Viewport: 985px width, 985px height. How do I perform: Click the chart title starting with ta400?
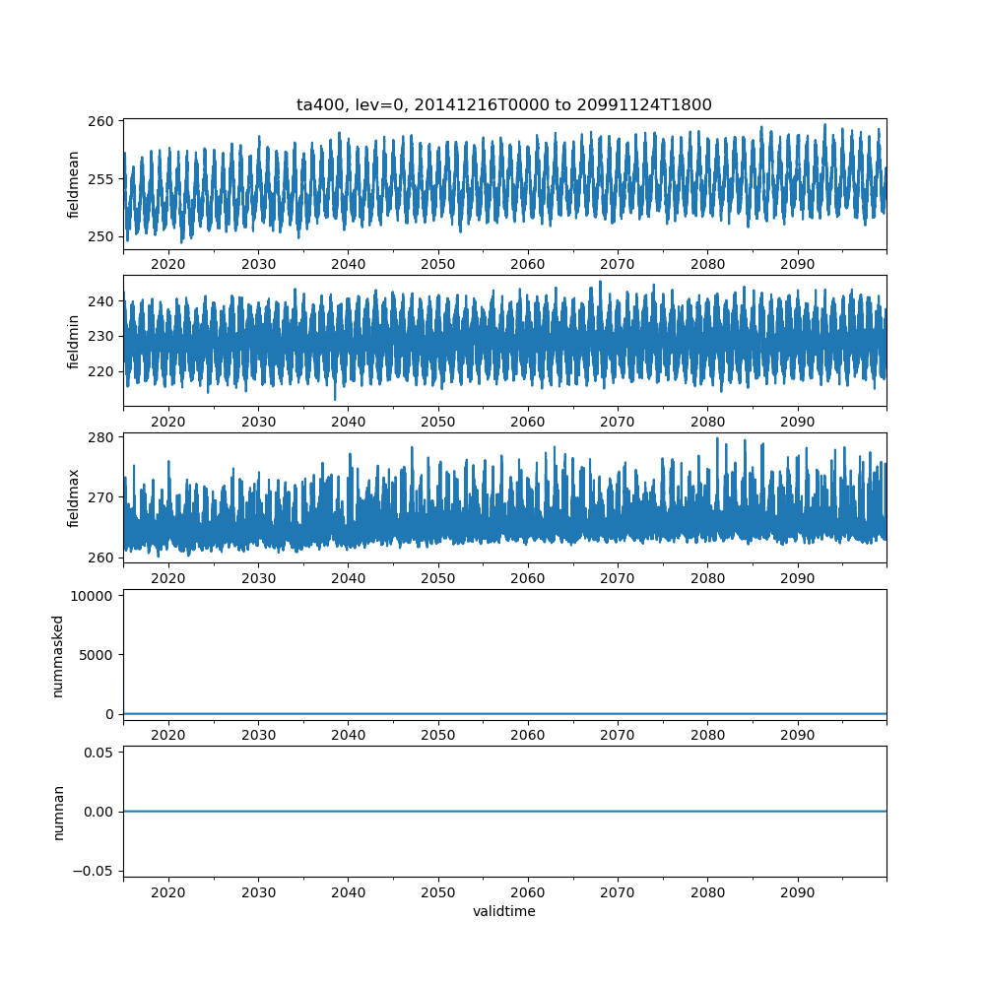(504, 104)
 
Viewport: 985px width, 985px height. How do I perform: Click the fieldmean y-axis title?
(73, 184)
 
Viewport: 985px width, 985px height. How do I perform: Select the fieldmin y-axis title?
(73, 341)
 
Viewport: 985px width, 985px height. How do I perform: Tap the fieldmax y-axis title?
(73, 497)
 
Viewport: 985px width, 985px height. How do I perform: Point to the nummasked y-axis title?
(57, 655)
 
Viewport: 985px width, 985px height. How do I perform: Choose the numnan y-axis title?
(57, 812)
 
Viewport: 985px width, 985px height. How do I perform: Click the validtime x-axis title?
(504, 912)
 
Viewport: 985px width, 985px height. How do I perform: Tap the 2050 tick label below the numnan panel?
(438, 892)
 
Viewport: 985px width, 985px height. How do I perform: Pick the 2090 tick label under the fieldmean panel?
(798, 265)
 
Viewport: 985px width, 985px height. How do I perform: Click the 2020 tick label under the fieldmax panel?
(168, 578)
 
